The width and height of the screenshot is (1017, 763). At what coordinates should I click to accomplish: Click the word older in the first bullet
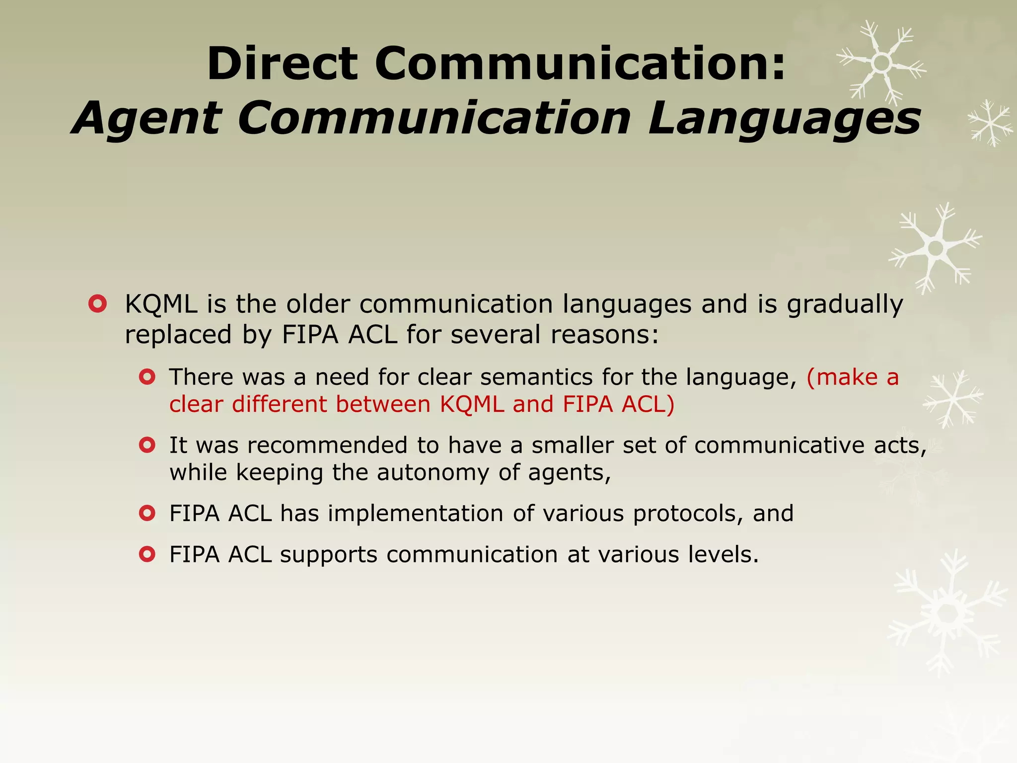coord(318,304)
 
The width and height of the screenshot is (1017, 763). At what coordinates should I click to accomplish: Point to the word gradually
coord(845,305)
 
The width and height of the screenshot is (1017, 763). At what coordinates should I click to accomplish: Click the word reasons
coord(604,335)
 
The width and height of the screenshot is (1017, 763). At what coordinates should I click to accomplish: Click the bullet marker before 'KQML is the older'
coord(97,304)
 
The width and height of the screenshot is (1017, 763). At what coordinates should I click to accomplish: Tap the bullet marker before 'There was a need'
coord(147,377)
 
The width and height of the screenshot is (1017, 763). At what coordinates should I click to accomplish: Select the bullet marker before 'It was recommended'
coord(147,445)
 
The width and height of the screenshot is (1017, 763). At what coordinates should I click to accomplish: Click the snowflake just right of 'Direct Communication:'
coord(882,63)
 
